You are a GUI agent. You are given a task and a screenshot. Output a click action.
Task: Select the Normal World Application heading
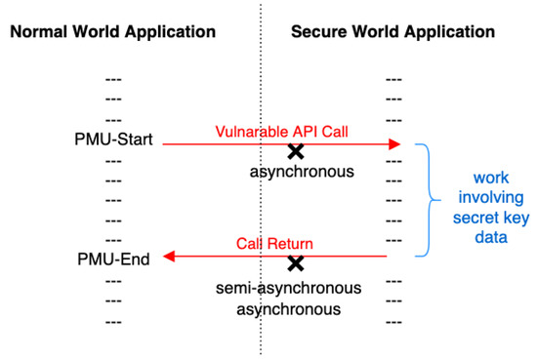112,31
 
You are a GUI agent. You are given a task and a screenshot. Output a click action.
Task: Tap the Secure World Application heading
392,31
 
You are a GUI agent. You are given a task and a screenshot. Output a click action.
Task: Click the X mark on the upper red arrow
295,150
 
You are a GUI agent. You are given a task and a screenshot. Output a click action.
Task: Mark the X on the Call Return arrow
295,262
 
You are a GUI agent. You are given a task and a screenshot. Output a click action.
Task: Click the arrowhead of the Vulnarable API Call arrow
394,144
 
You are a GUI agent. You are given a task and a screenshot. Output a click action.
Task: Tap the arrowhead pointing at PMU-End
168,257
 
